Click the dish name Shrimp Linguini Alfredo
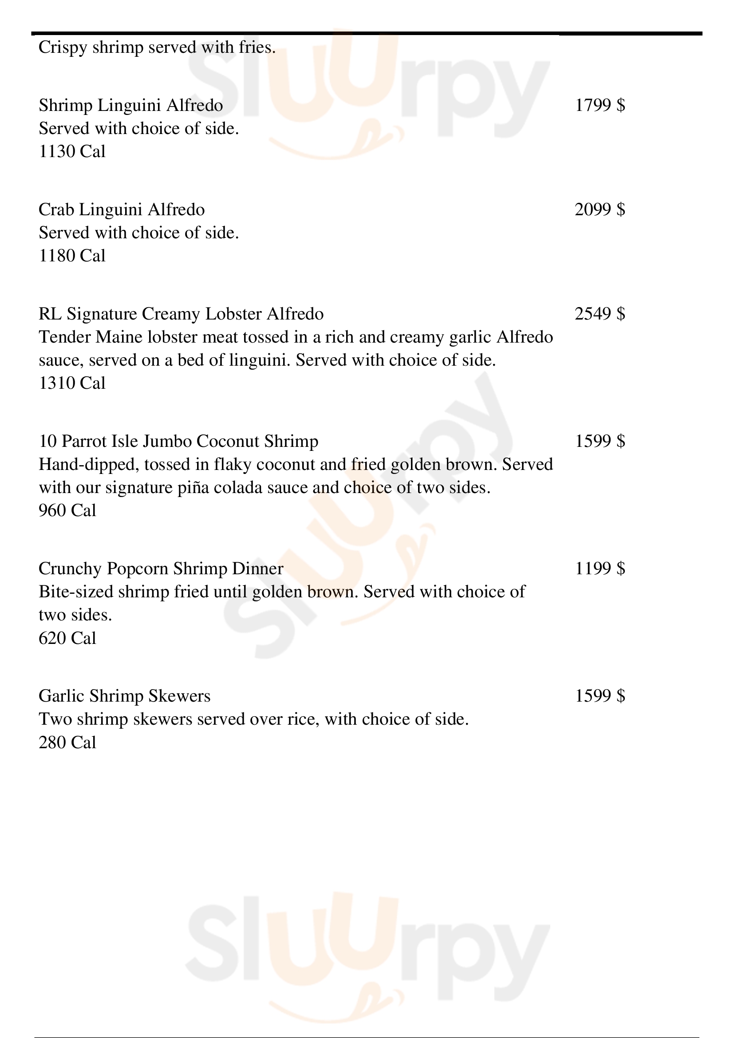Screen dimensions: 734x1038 pyautogui.click(x=130, y=105)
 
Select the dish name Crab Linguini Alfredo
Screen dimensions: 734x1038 pyautogui.click(x=122, y=210)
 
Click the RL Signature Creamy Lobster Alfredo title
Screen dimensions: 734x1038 pyautogui.click(x=181, y=314)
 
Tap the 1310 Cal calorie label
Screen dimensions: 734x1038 pyautogui.click(x=72, y=383)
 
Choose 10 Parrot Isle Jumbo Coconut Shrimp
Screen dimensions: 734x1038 pyautogui.click(x=178, y=441)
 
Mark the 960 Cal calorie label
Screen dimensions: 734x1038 pyautogui.click(x=67, y=511)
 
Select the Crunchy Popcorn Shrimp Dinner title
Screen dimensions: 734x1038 pyautogui.click(x=161, y=569)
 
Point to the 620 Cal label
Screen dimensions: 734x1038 pyautogui.click(x=67, y=638)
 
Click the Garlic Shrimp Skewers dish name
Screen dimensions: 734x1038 pyautogui.click(x=124, y=696)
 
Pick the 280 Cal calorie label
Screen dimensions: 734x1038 pyautogui.click(x=67, y=743)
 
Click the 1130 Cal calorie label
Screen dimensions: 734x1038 pyautogui.click(x=72, y=151)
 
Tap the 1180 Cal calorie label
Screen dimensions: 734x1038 pyautogui.click(x=72, y=256)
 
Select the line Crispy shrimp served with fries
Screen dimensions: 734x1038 pyautogui.click(x=157, y=47)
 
